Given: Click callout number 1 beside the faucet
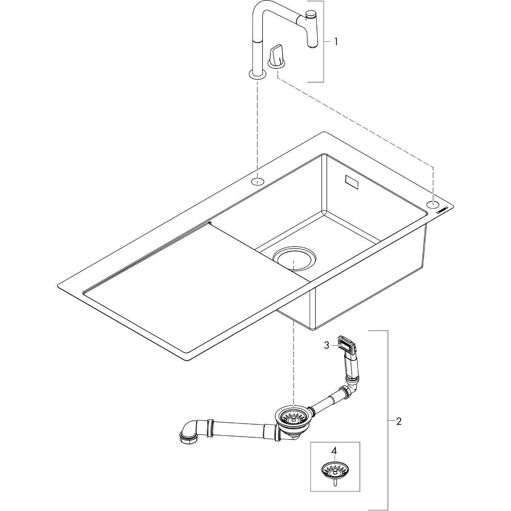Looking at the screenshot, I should pyautogui.click(x=336, y=42).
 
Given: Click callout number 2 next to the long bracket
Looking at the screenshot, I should pyautogui.click(x=398, y=422).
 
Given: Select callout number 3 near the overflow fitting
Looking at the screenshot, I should pyautogui.click(x=327, y=345).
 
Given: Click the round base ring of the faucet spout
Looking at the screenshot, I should pyautogui.click(x=257, y=75).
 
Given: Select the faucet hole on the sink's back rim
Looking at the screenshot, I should pyautogui.click(x=257, y=181).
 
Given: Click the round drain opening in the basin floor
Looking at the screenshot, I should pyautogui.click(x=294, y=259).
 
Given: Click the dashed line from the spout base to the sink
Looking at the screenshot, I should pyautogui.click(x=257, y=128).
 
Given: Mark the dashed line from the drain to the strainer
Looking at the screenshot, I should pyautogui.click(x=293, y=362).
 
